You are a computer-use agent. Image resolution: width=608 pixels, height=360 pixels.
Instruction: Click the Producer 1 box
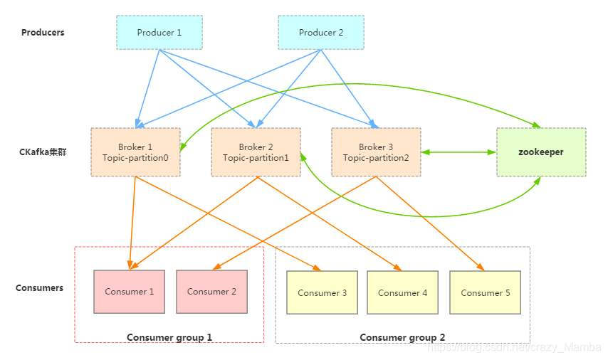tap(159, 32)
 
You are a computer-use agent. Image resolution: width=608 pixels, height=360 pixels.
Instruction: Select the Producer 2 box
tap(320, 32)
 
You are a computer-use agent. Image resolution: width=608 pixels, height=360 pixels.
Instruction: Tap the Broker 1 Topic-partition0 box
tap(135, 152)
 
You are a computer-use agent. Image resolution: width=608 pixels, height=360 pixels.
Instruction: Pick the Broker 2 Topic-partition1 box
tap(256, 152)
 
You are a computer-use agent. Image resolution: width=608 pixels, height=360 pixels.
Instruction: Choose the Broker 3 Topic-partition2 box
tap(376, 152)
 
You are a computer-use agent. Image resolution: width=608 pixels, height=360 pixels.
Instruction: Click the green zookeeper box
tap(541, 152)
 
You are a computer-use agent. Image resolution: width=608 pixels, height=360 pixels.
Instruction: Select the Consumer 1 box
tap(129, 292)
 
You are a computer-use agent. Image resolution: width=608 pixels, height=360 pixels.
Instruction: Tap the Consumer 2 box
tap(211, 292)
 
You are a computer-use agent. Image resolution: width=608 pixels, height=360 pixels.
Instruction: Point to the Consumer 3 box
tap(322, 292)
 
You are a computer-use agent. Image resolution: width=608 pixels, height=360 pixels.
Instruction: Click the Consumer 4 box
tap(402, 292)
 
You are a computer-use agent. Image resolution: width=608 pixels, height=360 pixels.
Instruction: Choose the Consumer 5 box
tap(485, 292)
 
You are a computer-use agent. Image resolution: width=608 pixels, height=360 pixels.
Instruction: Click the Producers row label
tap(43, 32)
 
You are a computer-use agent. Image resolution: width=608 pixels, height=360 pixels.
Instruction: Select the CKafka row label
tap(42, 152)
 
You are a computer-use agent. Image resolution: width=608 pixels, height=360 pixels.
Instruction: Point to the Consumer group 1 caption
tap(169, 337)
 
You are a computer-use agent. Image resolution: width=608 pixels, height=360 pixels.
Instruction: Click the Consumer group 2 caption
tap(402, 337)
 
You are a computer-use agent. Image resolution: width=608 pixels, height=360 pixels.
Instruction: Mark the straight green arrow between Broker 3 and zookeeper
tap(458, 152)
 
